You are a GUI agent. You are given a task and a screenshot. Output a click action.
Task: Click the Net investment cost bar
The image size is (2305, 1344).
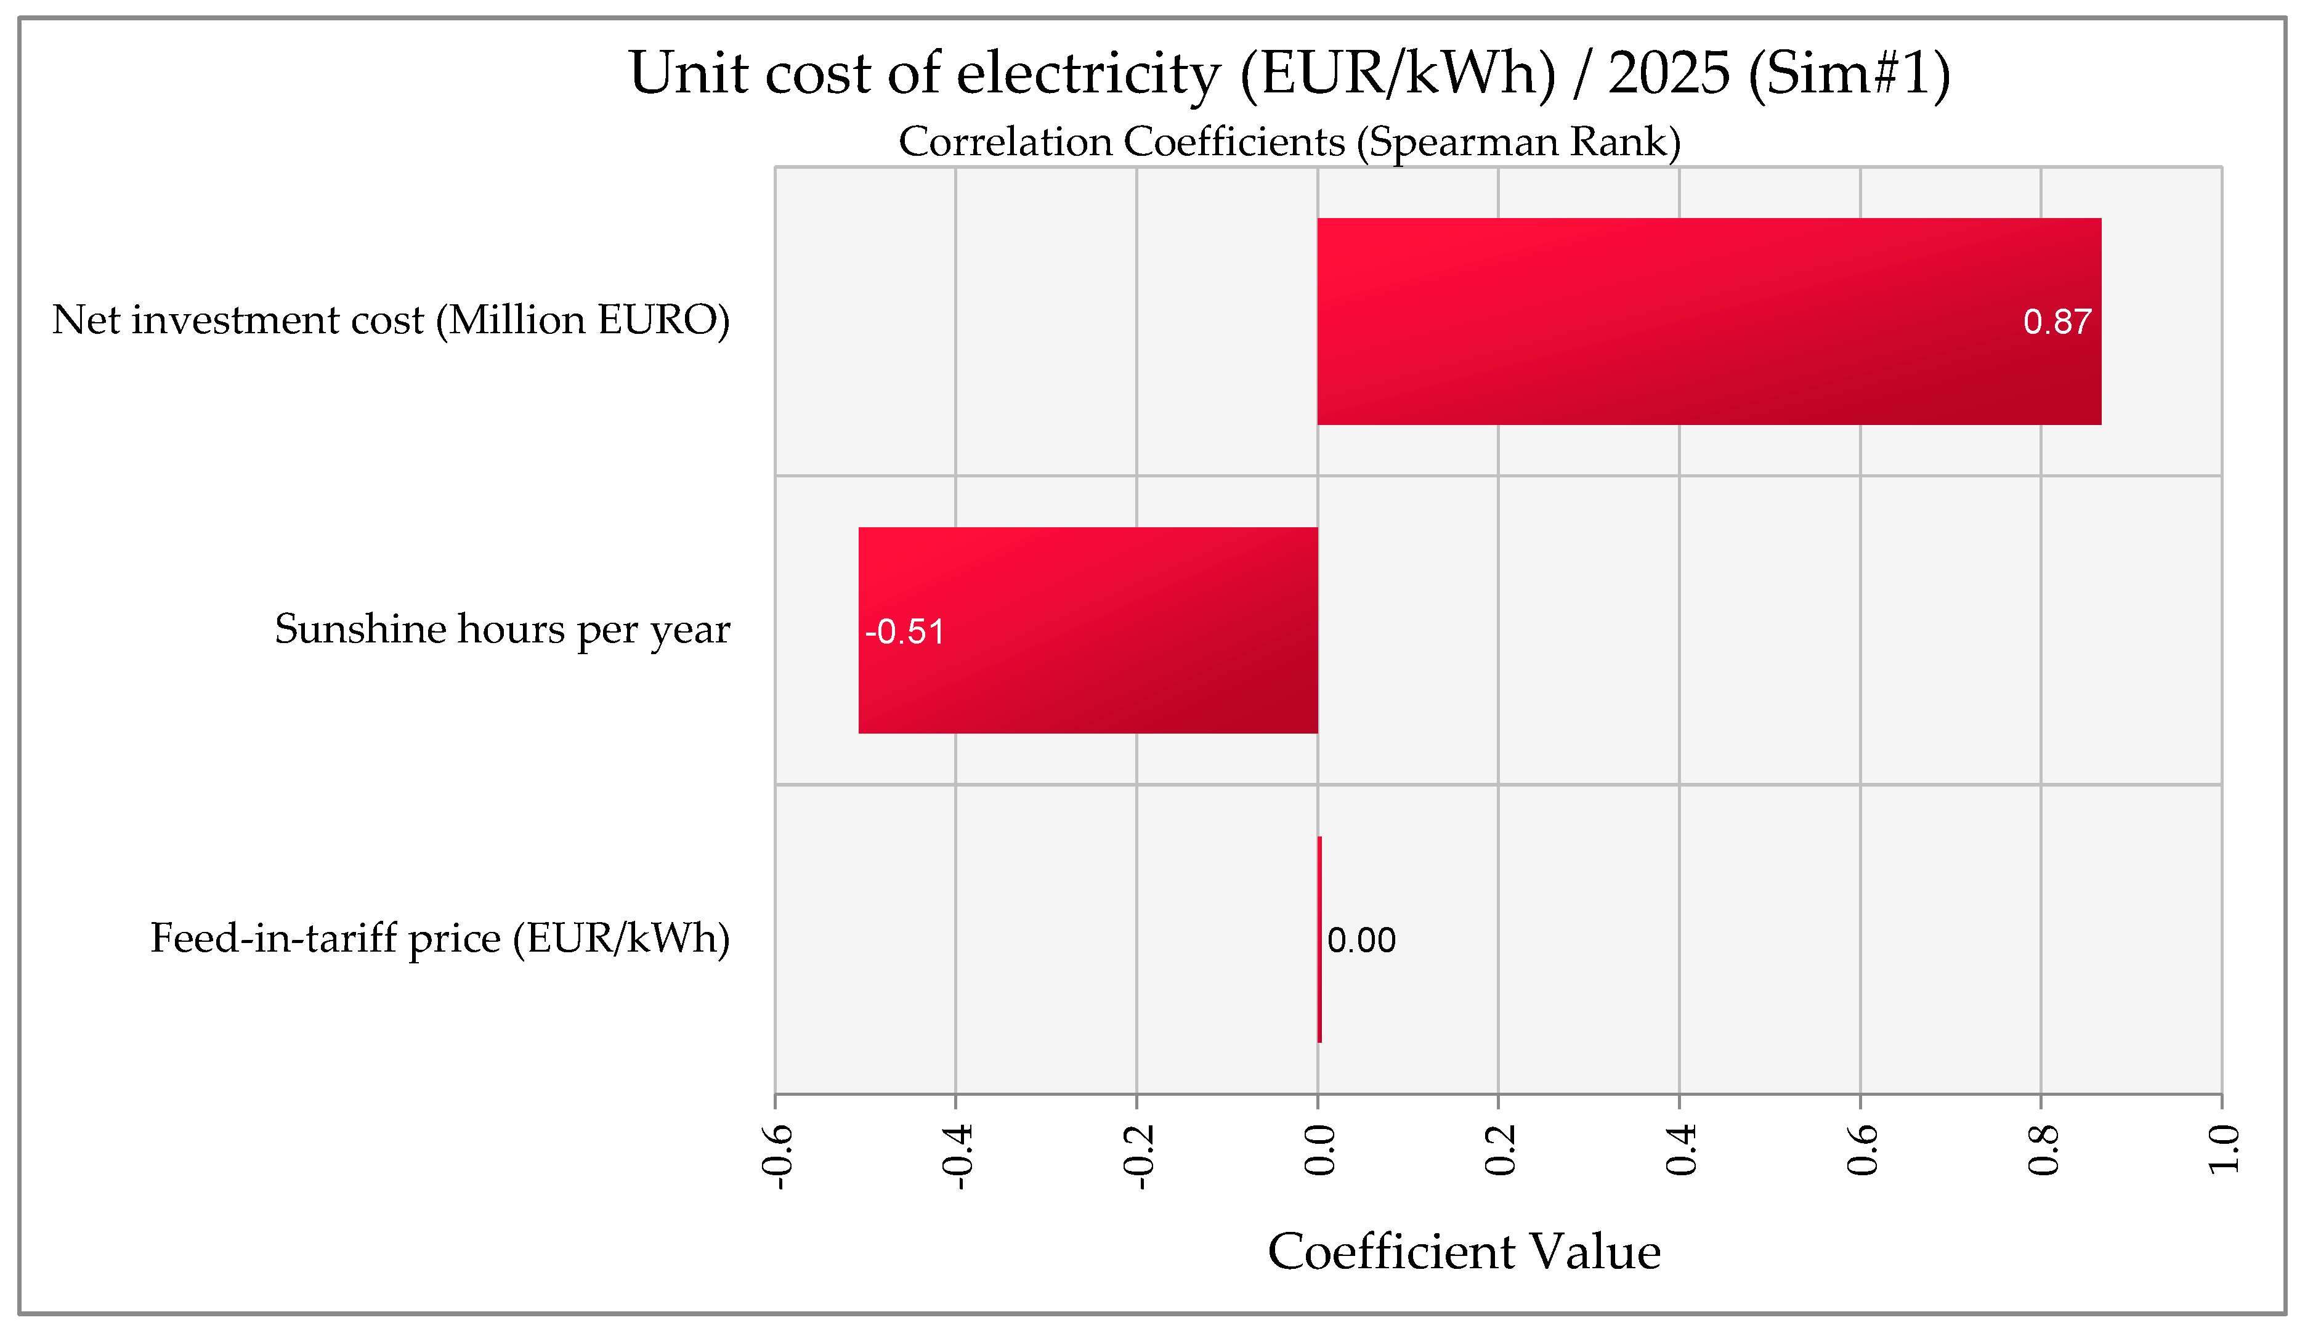pyautogui.click(x=1709, y=321)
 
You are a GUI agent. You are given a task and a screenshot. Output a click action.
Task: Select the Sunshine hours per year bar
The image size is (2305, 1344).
pyautogui.click(x=1088, y=630)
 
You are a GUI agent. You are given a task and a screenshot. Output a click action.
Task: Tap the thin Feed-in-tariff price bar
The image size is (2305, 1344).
pyautogui.click(x=1319, y=939)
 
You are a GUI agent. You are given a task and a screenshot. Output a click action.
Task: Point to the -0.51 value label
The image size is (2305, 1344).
pyautogui.click(x=905, y=631)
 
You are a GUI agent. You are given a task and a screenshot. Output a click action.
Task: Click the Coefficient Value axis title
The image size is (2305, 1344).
pyautogui.click(x=1464, y=1252)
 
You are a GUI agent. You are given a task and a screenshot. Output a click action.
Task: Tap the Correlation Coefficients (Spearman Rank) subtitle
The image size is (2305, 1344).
pyautogui.click(x=1289, y=142)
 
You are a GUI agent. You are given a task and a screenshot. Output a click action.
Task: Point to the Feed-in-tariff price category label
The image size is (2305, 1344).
pyautogui.click(x=440, y=939)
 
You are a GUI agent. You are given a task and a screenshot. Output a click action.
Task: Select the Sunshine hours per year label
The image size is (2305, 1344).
pyautogui.click(x=502, y=629)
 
